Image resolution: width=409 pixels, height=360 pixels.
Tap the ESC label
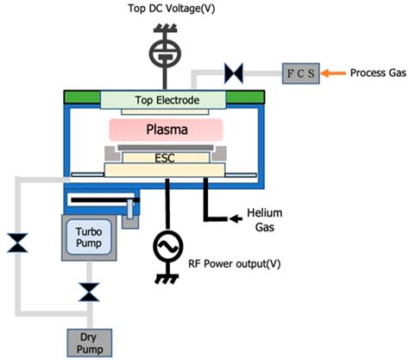point(163,159)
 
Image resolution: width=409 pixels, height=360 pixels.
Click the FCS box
point(299,71)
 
